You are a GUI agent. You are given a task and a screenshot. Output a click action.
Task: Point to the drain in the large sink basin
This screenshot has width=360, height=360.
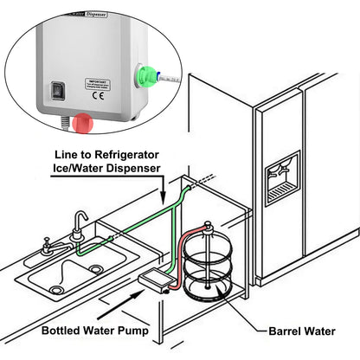click(57, 290)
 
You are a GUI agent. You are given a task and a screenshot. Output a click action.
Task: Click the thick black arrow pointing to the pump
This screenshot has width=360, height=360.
click(114, 301)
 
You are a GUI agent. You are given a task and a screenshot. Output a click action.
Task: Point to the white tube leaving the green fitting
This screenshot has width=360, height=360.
click(170, 80)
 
